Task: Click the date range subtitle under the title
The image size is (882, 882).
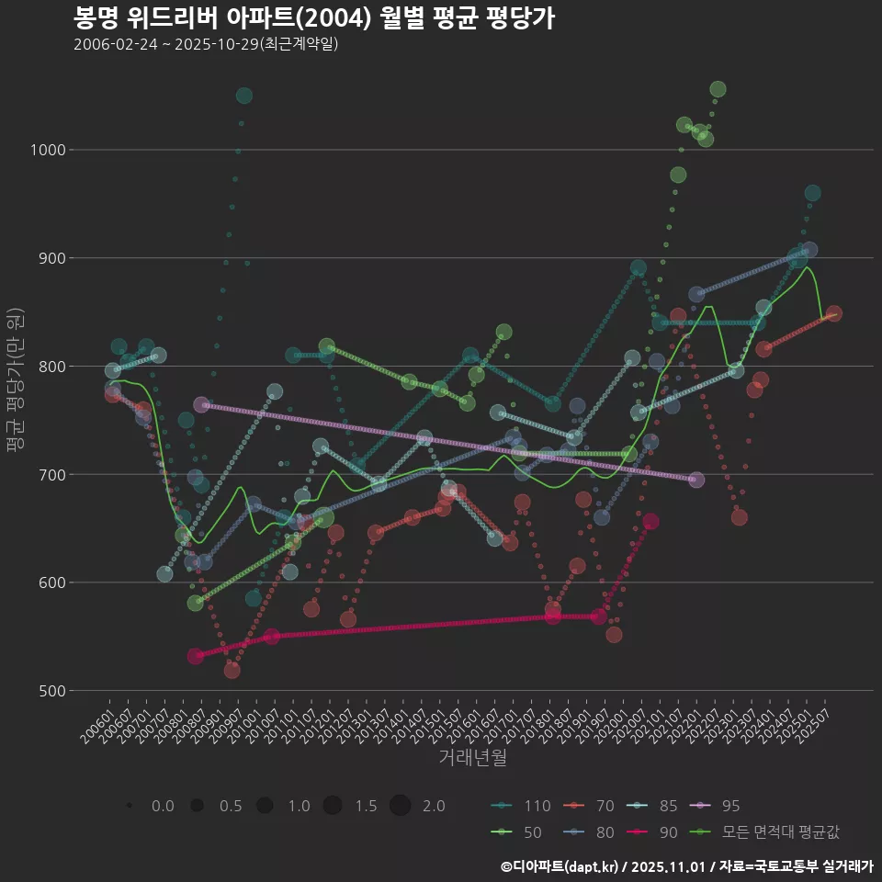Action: [206, 44]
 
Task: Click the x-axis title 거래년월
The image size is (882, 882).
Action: [472, 757]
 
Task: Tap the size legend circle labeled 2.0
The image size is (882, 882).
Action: [400, 806]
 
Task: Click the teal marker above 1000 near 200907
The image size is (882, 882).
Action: [243, 96]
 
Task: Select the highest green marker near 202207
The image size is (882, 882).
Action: [718, 89]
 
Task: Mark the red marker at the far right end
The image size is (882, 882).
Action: [833, 314]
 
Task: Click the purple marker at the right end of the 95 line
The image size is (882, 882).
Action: [696, 480]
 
